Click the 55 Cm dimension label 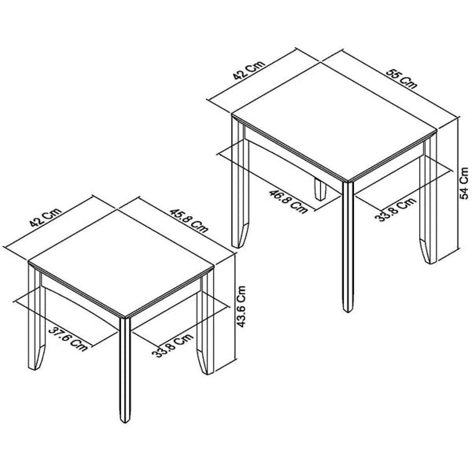pyautogui.click(x=401, y=79)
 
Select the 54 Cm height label pyautogui.click(x=464, y=183)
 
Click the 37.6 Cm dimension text pyautogui.click(x=68, y=339)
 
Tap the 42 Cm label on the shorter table pyautogui.click(x=45, y=218)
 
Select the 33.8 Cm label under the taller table pyautogui.click(x=395, y=209)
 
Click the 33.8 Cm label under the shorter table pyautogui.click(x=173, y=345)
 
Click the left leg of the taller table pyautogui.click(x=240, y=183)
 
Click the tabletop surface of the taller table pyautogui.click(x=334, y=122)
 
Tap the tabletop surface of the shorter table pyautogui.click(x=122, y=263)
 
